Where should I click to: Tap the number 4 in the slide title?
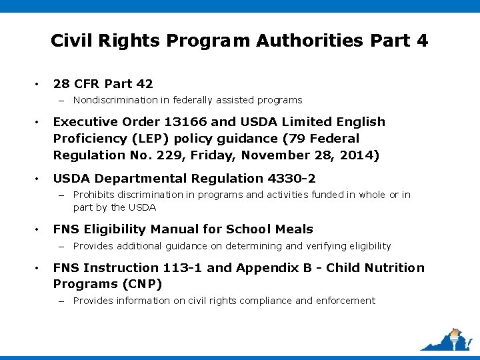click(421, 41)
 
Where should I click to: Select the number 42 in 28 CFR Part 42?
click(144, 84)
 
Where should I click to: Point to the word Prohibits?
click(93, 195)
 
